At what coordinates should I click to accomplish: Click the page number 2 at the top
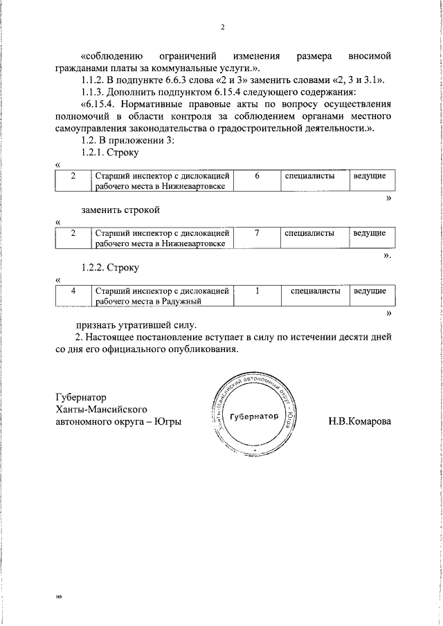pos(223,28)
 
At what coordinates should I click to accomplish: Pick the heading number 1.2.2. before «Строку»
pos(95,267)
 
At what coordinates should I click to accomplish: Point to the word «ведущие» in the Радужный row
pos(370,291)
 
